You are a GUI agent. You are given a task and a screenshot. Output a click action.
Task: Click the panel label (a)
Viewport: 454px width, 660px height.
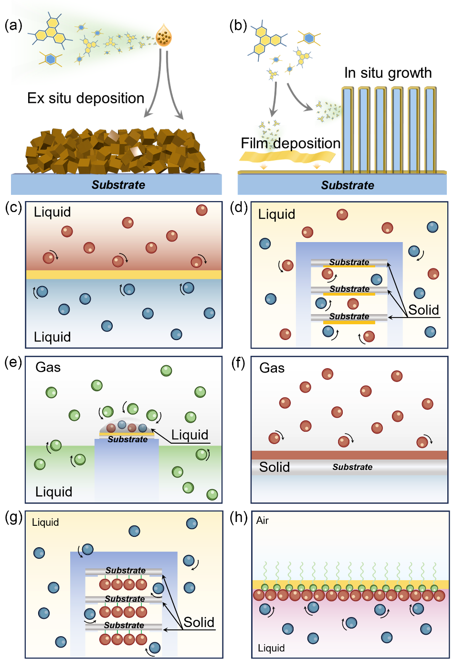point(13,26)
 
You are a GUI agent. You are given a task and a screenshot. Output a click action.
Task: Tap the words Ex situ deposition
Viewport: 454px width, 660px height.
point(86,98)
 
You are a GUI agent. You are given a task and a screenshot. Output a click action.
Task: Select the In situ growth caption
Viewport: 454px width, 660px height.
point(388,73)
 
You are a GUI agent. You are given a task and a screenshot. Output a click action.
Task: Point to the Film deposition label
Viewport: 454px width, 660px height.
point(290,143)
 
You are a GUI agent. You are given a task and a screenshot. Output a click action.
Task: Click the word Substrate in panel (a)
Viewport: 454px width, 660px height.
point(118,185)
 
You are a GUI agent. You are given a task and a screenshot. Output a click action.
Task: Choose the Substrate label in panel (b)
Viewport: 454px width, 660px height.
point(348,185)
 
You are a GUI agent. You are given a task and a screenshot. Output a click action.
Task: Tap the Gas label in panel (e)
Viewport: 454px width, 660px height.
point(48,367)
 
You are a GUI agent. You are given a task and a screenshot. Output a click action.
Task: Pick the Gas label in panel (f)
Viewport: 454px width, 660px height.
point(272,368)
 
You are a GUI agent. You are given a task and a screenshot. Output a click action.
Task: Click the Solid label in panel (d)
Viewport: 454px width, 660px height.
point(423,310)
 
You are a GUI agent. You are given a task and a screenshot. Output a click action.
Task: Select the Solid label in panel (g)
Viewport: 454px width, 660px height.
point(199,622)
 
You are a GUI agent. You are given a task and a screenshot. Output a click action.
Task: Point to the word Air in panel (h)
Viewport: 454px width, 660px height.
point(263,521)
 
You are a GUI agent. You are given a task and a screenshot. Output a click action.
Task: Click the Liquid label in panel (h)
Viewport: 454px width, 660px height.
point(271,648)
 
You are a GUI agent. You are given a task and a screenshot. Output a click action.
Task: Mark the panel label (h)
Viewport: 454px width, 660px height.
point(239,518)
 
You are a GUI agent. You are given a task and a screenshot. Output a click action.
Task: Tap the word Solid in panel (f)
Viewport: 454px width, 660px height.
point(275,467)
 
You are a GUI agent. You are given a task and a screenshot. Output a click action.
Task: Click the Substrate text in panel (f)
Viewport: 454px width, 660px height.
point(352,467)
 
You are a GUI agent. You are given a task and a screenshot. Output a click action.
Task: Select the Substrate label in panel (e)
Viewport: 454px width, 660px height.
point(127,439)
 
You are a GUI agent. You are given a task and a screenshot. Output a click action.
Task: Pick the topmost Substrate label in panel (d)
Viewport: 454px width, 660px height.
point(349,262)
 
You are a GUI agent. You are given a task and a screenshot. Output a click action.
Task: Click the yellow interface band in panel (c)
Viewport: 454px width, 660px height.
point(124,275)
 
